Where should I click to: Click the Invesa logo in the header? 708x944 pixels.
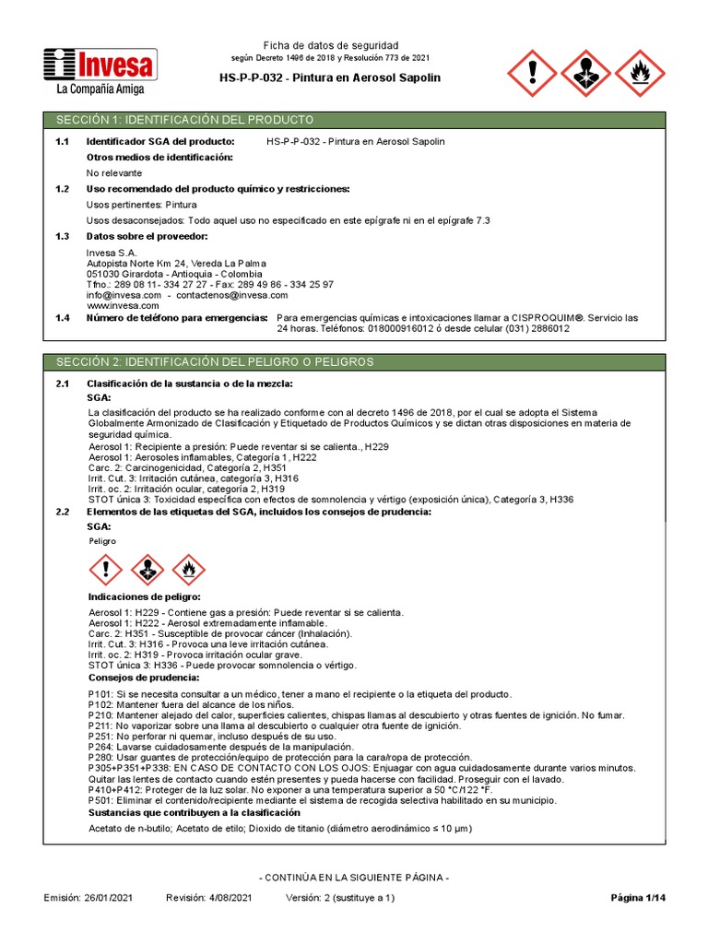click(100, 65)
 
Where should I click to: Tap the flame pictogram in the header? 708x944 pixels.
click(637, 73)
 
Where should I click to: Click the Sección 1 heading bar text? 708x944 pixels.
click(184, 121)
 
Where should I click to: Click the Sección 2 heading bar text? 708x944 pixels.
click(214, 362)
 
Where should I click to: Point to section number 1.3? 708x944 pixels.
click(63, 236)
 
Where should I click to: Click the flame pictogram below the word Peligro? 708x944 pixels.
click(189, 570)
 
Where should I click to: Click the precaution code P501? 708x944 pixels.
click(99, 800)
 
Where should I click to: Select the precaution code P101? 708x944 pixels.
click(99, 693)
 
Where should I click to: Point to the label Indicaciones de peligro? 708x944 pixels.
click(143, 597)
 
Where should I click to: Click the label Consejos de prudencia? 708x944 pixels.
click(142, 678)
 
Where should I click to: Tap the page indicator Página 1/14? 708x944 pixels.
click(637, 898)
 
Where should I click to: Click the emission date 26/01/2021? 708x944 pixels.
click(112, 898)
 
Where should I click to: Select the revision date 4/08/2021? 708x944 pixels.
click(227, 898)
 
